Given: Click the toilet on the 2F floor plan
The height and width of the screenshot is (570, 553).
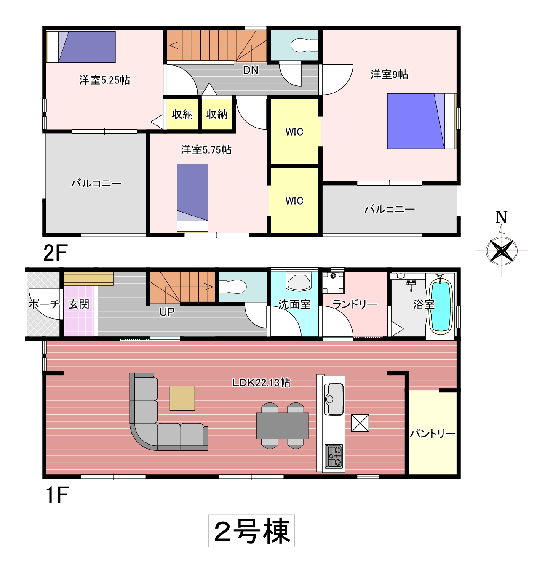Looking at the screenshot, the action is pyautogui.click(x=304, y=45).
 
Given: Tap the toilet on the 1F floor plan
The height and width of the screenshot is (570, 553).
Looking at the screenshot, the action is pyautogui.click(x=232, y=286).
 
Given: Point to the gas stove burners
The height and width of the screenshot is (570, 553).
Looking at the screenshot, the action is pyautogui.click(x=334, y=455).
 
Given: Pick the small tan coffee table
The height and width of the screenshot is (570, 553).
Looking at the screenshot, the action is pyautogui.click(x=182, y=398).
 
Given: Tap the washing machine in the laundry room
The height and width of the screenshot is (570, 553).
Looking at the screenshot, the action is pyautogui.click(x=333, y=282).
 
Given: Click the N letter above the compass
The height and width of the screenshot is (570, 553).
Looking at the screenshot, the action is pyautogui.click(x=501, y=217).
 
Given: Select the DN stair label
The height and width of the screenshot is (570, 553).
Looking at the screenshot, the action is pyautogui.click(x=251, y=70).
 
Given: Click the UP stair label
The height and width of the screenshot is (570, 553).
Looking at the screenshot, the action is pyautogui.click(x=167, y=312).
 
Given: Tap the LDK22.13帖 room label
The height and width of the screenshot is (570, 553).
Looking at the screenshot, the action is pyautogui.click(x=261, y=383).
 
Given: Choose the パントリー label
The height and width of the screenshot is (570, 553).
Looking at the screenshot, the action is pyautogui.click(x=433, y=434).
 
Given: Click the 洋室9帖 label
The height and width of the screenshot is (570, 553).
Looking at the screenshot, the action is pyautogui.click(x=389, y=75).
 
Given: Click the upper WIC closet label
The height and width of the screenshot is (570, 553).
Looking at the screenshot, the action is pyautogui.click(x=294, y=132).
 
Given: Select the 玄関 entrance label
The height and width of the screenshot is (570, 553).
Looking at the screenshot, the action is pyautogui.click(x=79, y=304).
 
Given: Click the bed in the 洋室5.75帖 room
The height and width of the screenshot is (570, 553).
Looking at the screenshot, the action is pyautogui.click(x=192, y=198).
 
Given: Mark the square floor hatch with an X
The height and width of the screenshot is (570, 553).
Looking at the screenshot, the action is pyautogui.click(x=360, y=423).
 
